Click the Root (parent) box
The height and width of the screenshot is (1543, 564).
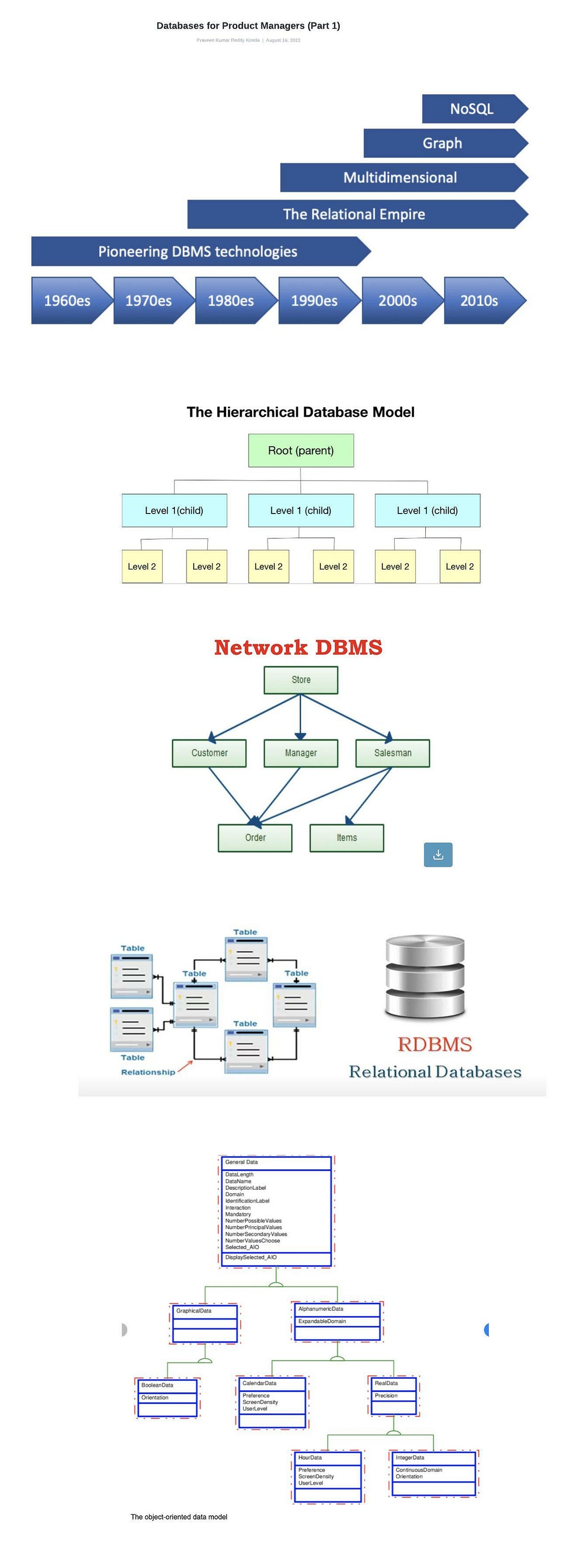[300, 451]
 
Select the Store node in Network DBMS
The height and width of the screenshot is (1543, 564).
[300, 680]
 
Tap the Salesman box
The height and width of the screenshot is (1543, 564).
[392, 753]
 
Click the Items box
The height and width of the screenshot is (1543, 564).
[346, 838]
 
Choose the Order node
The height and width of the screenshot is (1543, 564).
[255, 838]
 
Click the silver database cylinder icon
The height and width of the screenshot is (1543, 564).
[424, 978]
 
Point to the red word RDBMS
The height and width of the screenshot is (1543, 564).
[435, 1044]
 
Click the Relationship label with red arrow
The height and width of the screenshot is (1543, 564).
[148, 1072]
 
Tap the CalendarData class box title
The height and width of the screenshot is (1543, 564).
[259, 1383]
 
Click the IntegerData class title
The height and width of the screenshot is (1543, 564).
[410, 1457]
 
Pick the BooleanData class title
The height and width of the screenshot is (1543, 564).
[157, 1385]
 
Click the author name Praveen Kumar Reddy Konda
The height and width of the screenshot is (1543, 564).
[227, 40]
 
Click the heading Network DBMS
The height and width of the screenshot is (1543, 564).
[298, 648]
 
